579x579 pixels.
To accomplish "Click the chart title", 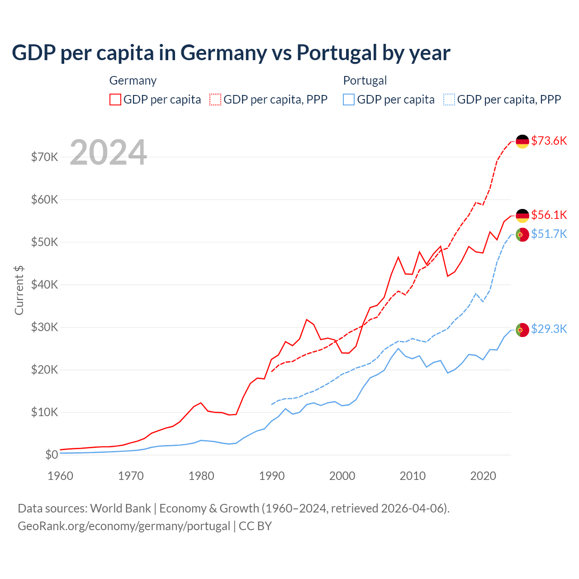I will tap(231, 52).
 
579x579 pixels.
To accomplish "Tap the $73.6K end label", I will tap(549, 141).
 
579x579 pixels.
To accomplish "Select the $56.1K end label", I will tap(549, 215).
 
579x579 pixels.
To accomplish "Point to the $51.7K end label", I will tap(549, 234).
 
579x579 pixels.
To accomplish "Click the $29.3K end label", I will tap(549, 329).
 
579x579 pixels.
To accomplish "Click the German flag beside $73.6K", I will tap(522, 142).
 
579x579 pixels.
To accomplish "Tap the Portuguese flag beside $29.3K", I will tap(522, 330).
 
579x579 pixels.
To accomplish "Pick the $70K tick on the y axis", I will tap(44, 157).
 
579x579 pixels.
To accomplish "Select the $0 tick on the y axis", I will tap(52, 455).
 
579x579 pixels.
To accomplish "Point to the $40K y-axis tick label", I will tap(44, 285).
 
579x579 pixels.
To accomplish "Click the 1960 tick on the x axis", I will tap(60, 476).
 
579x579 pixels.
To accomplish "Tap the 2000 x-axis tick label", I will tap(342, 476).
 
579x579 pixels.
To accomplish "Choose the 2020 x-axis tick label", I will tap(483, 476).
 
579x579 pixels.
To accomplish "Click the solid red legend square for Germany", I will tap(115, 100).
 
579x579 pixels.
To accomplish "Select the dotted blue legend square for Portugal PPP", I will tap(449, 100).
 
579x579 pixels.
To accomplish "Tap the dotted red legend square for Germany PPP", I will tap(215, 100).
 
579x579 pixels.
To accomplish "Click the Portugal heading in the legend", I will tap(365, 81).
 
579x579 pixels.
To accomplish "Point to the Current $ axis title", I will tap(19, 290).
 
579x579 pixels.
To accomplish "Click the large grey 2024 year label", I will tap(109, 152).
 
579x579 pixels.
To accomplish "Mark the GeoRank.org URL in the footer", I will tap(124, 526).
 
